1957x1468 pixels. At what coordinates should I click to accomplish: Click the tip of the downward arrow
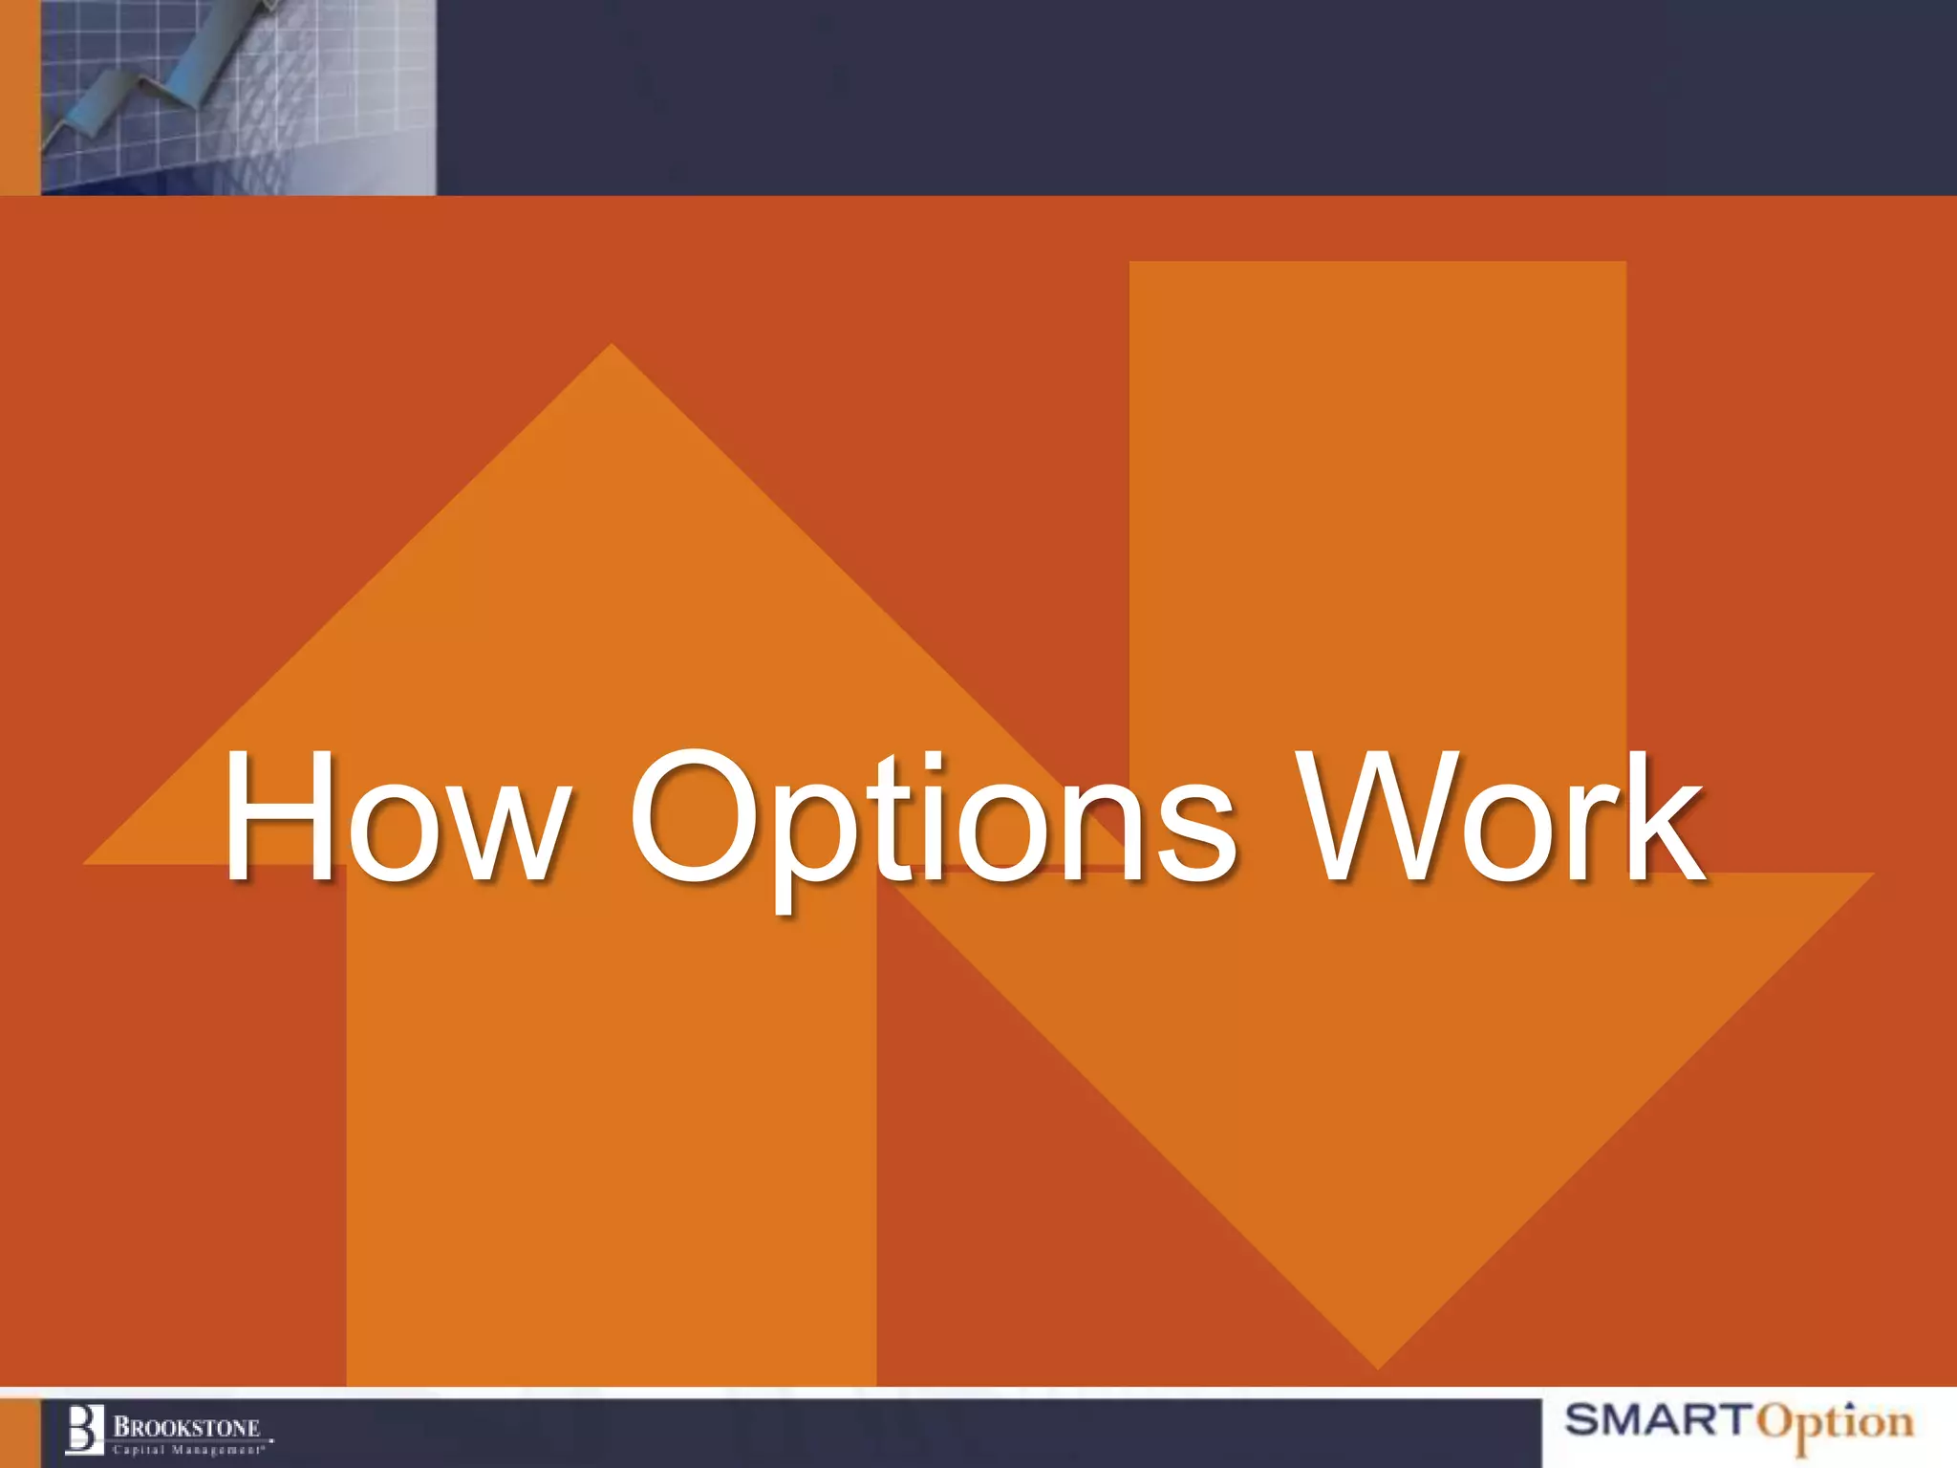tap(1378, 1363)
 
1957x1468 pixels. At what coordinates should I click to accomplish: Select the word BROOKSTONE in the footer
tap(187, 1428)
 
